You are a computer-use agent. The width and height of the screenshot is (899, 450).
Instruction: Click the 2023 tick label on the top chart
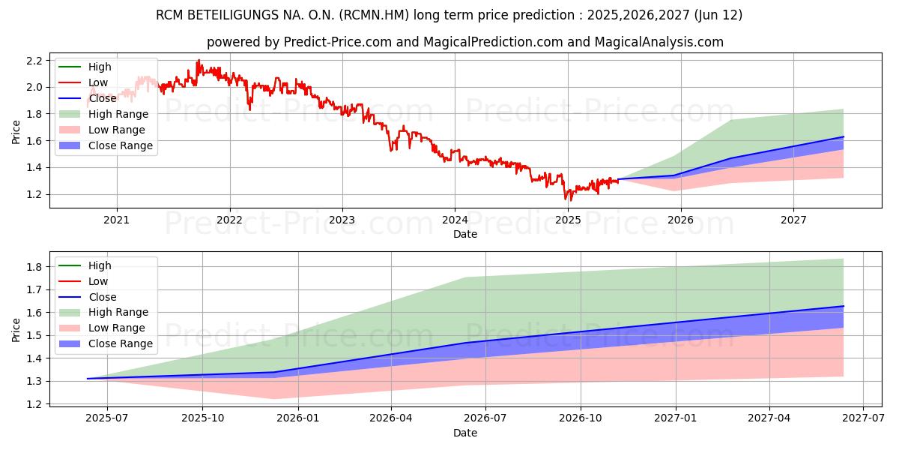(342, 220)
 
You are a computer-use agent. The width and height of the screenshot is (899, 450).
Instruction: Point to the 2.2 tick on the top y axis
(34, 61)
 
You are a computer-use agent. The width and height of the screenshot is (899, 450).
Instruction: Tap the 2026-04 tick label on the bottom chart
(390, 418)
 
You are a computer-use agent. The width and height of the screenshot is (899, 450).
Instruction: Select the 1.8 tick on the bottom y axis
(34, 267)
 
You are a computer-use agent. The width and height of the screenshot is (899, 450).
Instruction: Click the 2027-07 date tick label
(863, 418)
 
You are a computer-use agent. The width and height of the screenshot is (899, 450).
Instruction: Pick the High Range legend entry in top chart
(103, 114)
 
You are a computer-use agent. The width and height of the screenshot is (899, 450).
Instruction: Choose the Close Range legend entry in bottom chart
(106, 343)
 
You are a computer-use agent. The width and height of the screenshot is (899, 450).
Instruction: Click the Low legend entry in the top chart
(83, 82)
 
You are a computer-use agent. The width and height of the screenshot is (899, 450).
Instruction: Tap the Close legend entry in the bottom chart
(88, 297)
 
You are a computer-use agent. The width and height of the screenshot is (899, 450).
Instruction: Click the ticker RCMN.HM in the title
(374, 15)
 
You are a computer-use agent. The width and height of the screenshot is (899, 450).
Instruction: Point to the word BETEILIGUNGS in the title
(233, 15)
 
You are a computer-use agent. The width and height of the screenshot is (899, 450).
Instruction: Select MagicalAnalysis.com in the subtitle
(659, 42)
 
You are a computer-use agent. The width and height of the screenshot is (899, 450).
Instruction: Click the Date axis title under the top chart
(465, 234)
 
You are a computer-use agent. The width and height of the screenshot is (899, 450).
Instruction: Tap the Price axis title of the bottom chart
(16, 330)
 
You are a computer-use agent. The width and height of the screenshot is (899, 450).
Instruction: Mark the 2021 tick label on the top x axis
(116, 220)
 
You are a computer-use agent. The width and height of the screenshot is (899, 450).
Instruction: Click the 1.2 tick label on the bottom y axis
(34, 404)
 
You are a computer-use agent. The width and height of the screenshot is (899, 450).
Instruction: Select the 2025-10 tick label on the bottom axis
(203, 418)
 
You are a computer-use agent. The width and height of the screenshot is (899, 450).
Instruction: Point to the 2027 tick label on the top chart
(793, 220)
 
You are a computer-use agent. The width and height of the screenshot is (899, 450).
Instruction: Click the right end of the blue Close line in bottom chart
(844, 306)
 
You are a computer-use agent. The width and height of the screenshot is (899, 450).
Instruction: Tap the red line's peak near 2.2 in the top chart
(199, 61)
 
